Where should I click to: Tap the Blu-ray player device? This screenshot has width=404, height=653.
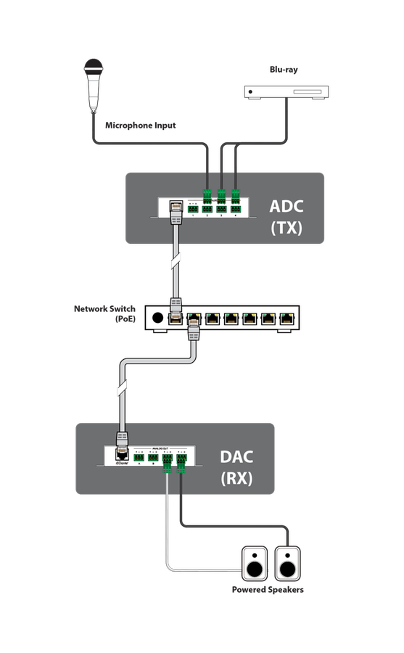point(286,92)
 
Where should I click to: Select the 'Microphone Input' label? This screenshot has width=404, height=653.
point(140,126)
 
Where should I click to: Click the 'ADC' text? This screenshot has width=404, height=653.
point(286,206)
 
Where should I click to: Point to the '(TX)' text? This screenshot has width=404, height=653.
point(286,228)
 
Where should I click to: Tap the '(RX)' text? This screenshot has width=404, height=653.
point(236,479)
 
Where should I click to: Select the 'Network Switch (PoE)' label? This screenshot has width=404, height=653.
point(104,313)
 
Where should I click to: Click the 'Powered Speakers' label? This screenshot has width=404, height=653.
point(268,590)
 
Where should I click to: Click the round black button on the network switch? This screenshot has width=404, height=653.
point(157,317)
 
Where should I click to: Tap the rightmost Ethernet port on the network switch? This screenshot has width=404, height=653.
point(288,317)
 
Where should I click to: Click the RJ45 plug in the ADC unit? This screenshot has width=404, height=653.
point(175,210)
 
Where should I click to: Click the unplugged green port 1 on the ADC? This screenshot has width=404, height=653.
point(193,209)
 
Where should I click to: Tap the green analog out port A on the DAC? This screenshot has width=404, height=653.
point(138,458)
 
